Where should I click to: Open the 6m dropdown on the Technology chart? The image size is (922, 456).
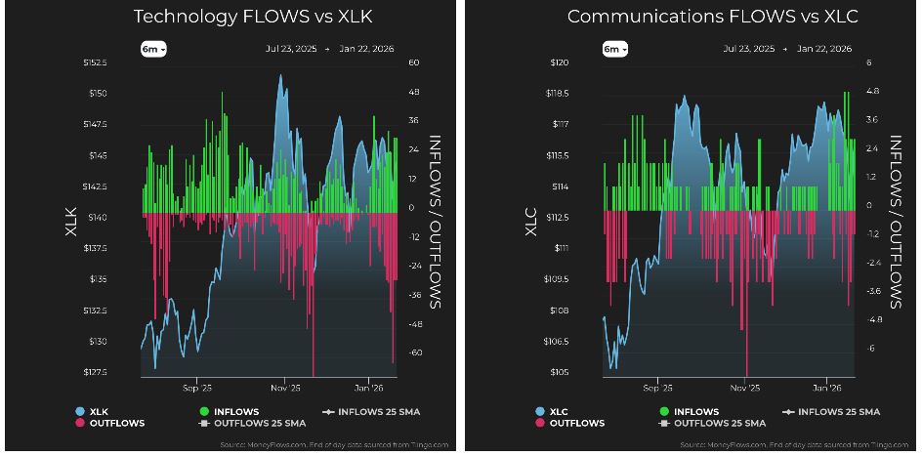tap(154, 49)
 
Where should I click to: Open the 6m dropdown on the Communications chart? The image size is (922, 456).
tap(613, 49)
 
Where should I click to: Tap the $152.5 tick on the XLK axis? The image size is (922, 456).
tap(94, 62)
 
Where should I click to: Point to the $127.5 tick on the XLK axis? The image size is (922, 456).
tap(94, 372)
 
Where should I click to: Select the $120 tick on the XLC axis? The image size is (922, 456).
tap(560, 62)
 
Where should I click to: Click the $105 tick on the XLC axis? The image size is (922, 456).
tap(560, 372)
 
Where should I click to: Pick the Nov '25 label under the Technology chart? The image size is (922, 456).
tap(286, 386)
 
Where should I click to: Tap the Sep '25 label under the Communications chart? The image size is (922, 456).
tap(658, 386)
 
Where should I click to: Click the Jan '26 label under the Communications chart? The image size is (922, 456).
tap(827, 386)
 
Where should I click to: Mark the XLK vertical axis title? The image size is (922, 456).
tap(71, 217)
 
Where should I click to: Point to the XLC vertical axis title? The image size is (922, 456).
tap(531, 217)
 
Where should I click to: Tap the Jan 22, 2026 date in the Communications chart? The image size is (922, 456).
tap(824, 49)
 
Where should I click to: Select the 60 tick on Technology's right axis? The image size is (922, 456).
tap(414, 62)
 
